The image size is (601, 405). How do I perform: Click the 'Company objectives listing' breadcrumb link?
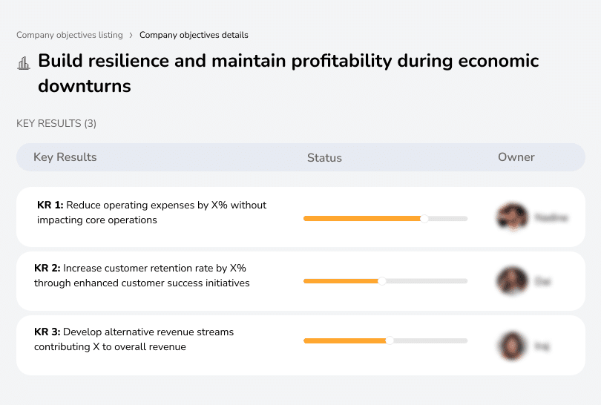(70, 35)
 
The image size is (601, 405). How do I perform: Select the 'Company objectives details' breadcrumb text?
(194, 35)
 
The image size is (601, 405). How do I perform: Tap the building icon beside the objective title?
(24, 63)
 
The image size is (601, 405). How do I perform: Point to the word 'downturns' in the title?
(85, 86)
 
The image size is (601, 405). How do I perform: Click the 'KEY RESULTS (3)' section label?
(56, 123)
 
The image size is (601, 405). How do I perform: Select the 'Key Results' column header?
(65, 157)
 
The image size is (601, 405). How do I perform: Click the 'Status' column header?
(324, 157)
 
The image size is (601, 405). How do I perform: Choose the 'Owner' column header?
(516, 157)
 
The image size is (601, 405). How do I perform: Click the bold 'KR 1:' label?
(50, 205)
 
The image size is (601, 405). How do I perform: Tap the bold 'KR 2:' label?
(47, 268)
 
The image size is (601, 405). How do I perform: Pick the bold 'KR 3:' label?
(47, 332)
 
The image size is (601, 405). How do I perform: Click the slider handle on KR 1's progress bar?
(424, 218)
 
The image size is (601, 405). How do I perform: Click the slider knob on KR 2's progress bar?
(382, 281)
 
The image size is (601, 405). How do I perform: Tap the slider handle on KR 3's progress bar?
(390, 340)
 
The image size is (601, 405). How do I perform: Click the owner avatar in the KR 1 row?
(512, 217)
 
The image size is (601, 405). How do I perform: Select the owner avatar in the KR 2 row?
(512, 281)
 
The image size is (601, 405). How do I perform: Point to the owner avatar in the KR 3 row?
(512, 345)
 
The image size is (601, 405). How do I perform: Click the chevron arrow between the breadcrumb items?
(131, 35)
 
